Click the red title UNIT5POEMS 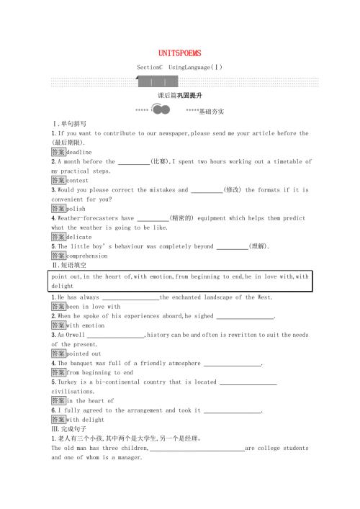tap(180, 53)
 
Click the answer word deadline tap(80, 153)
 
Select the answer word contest tap(78, 181)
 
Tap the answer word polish tap(76, 209)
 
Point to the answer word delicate tap(79, 237)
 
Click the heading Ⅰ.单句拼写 tap(69, 124)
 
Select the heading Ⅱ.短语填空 tap(69, 265)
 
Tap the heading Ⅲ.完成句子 tap(69, 429)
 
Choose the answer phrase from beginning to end tap(100, 373)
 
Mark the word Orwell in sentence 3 tap(76, 335)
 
